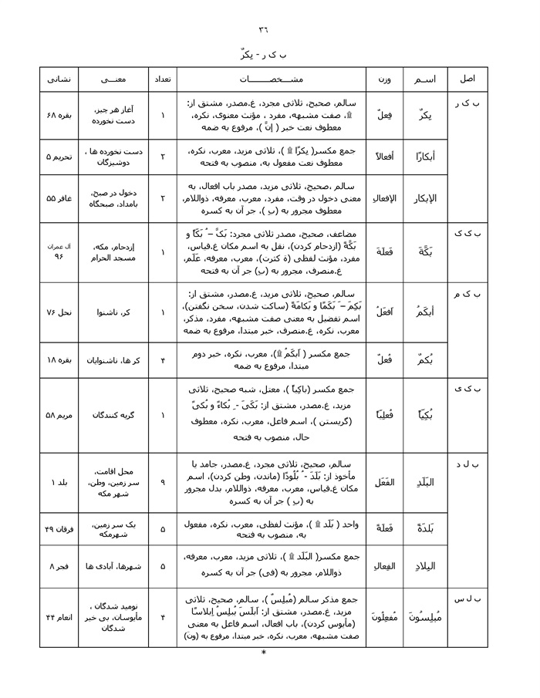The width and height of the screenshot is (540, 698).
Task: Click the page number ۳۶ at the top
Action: point(264,30)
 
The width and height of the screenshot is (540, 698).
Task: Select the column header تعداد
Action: point(163,79)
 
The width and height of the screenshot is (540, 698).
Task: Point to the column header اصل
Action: point(467,79)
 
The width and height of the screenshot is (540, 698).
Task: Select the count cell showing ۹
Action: point(163,482)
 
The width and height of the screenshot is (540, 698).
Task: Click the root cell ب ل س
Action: point(467,599)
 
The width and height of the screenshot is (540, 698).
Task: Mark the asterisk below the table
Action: point(264,653)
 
